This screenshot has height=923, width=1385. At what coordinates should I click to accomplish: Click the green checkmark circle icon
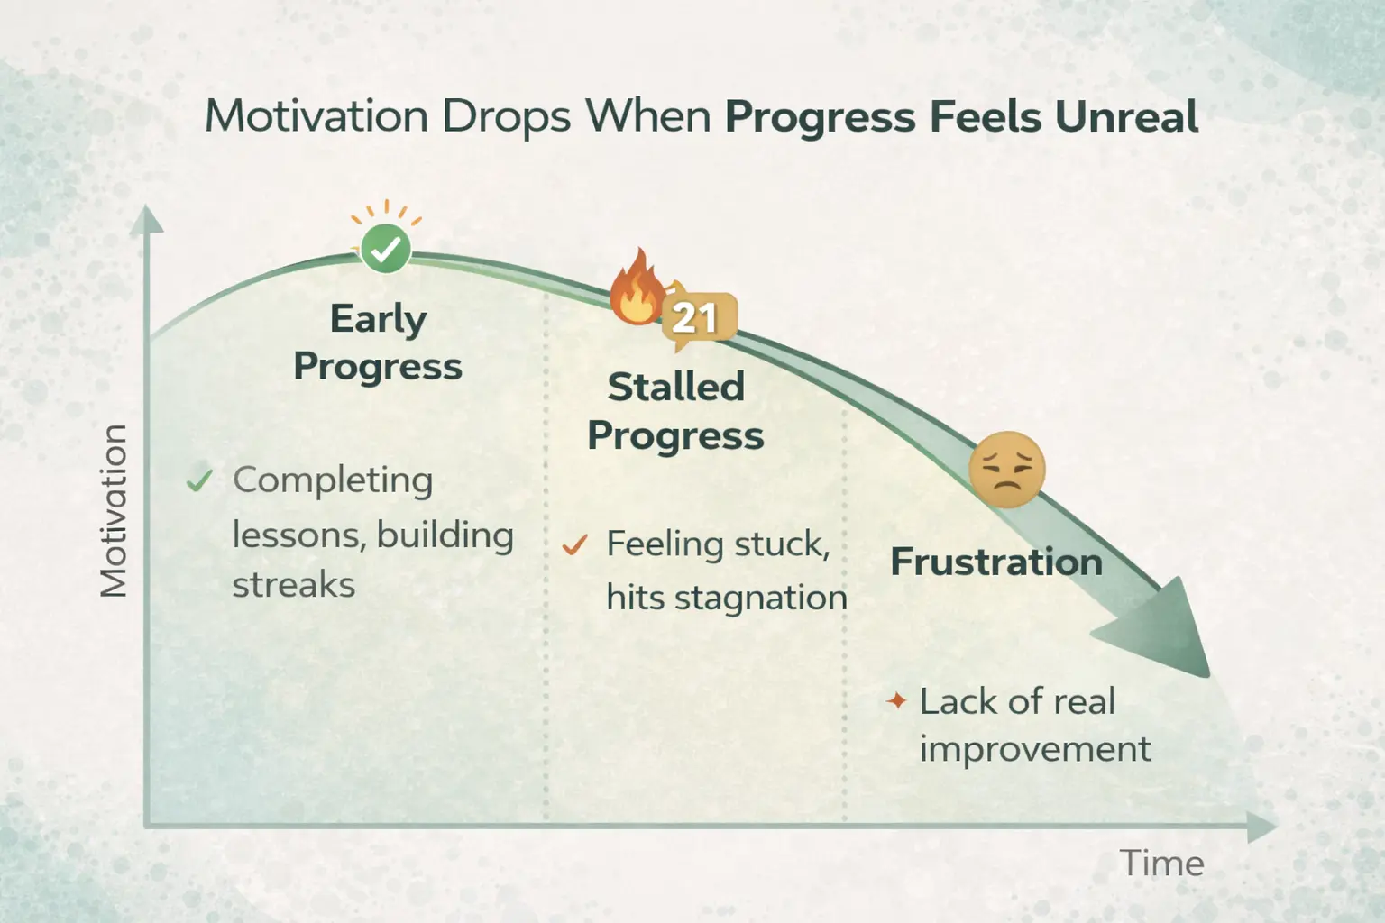pos(386,249)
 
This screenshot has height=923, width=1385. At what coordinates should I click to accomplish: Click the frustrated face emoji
pos(1006,469)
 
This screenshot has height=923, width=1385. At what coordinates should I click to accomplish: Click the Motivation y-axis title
pos(114,510)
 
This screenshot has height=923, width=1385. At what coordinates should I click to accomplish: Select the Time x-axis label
pos(1161,864)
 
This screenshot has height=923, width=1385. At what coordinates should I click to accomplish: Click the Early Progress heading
pos(378,343)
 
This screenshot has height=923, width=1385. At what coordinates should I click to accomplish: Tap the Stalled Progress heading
pos(675,411)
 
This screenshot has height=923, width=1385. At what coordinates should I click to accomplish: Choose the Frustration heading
pos(996,562)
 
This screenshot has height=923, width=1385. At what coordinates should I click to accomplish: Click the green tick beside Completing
pos(198,480)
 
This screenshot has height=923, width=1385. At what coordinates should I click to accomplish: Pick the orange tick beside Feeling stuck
pos(574,544)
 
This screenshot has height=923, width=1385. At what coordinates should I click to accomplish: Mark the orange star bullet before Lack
pos(895,700)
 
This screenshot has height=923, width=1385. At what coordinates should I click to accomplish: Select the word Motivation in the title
pos(316,117)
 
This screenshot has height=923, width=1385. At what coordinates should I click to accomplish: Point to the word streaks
pos(294,585)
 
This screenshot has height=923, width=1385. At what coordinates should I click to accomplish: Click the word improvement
pos(1034,749)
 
